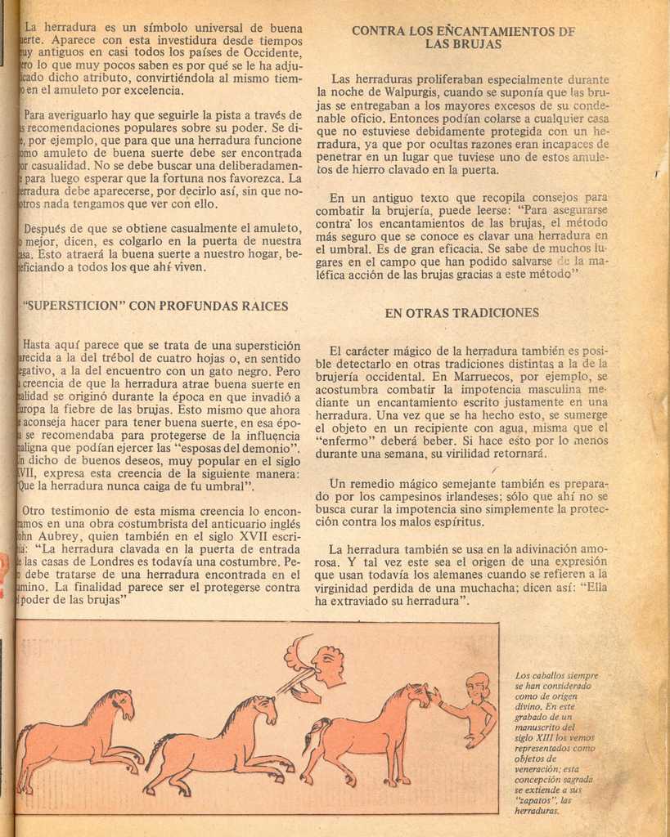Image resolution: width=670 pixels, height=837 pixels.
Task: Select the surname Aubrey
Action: click(x=79, y=536)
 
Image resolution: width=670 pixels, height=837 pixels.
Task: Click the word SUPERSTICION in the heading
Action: click(x=74, y=306)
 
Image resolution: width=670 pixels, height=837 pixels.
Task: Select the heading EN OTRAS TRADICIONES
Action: click(x=461, y=312)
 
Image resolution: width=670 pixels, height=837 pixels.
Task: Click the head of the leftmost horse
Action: click(x=121, y=702)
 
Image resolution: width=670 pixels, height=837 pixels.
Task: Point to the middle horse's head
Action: click(x=265, y=708)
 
